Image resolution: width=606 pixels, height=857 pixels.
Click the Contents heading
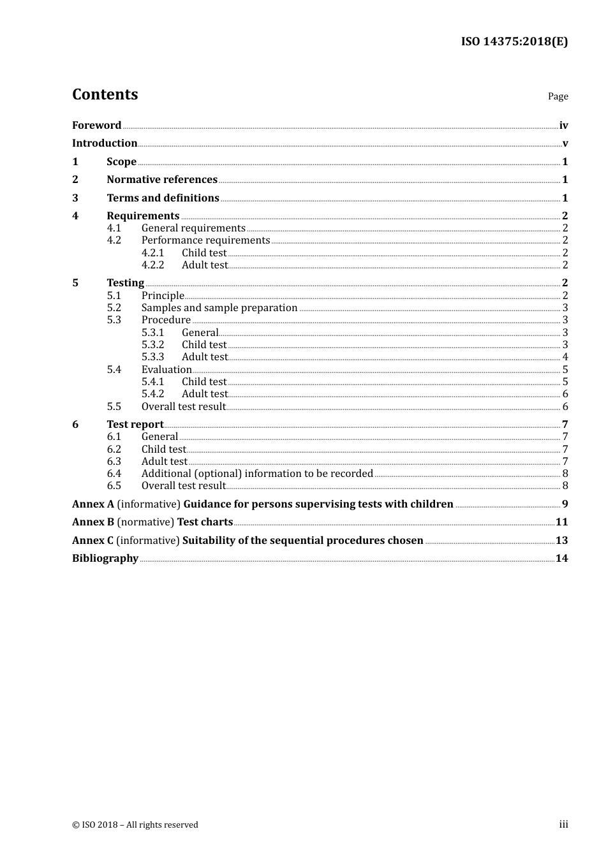click(x=105, y=94)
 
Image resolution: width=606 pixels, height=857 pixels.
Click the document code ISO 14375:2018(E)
click(x=514, y=41)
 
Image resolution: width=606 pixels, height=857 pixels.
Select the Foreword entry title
click(x=96, y=125)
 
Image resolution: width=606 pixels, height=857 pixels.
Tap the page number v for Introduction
click(x=565, y=143)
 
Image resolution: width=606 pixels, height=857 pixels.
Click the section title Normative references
click(x=162, y=180)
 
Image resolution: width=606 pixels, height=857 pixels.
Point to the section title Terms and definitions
click(x=163, y=198)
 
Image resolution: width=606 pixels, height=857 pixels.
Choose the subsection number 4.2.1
click(x=152, y=253)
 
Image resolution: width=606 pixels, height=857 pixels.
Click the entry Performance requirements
click(x=205, y=240)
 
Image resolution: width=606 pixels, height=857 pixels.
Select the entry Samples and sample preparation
click(x=219, y=308)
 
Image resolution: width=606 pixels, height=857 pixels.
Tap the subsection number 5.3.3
click(x=152, y=357)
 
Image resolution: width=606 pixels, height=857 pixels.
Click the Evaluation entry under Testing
click(x=166, y=370)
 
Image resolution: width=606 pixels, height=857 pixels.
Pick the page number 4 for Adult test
click(x=565, y=357)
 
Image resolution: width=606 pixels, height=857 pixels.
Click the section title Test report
click(x=135, y=425)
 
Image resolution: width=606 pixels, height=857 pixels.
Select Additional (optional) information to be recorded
click(x=257, y=474)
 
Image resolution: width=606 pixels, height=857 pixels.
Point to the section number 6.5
click(x=114, y=486)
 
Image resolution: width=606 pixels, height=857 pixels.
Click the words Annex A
click(x=93, y=504)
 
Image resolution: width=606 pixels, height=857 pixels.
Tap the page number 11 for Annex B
click(x=561, y=522)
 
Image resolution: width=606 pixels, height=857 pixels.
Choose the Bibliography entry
click(x=105, y=559)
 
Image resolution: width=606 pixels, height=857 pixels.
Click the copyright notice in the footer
click(x=135, y=825)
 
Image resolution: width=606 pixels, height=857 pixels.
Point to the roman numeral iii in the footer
click(x=563, y=824)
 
